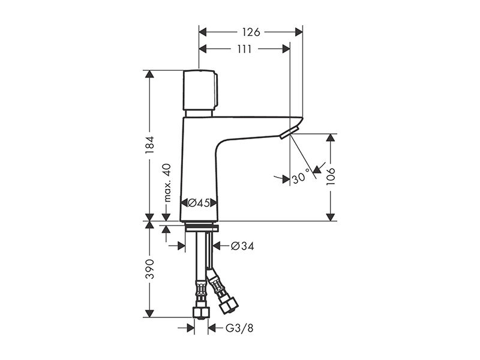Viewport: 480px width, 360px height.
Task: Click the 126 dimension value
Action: tap(251, 32)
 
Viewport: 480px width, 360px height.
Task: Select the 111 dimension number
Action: tap(244, 49)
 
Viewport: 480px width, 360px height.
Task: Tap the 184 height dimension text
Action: tap(149, 145)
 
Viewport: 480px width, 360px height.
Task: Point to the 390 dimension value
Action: tap(149, 269)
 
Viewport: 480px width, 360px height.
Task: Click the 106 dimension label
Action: tap(331, 176)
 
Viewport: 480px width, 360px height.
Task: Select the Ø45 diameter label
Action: tap(199, 203)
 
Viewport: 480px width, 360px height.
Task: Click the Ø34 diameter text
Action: tap(242, 246)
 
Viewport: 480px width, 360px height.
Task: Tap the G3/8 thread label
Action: tap(239, 328)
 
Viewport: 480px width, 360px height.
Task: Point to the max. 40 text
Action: tap(167, 183)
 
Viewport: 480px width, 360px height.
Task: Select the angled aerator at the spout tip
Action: tap(288, 134)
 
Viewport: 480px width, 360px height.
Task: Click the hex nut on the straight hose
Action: tap(200, 313)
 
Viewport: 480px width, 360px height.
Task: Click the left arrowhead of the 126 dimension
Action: tap(203, 32)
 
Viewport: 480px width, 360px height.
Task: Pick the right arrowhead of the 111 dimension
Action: tap(286, 49)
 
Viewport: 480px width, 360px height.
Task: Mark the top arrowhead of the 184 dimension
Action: tap(149, 74)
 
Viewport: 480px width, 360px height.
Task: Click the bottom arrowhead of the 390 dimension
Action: tap(149, 313)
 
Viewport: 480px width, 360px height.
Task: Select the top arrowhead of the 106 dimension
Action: tap(331, 138)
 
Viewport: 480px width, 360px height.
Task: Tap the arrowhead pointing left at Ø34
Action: tap(217, 246)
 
